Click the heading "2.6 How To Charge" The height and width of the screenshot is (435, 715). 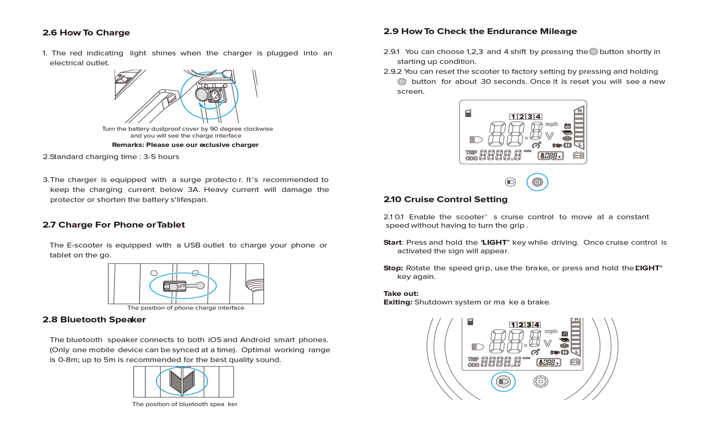click(x=86, y=32)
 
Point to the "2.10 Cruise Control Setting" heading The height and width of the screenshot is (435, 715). click(x=445, y=199)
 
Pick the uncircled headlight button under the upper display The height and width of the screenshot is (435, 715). click(x=510, y=182)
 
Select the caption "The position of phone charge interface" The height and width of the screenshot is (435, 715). click(x=186, y=308)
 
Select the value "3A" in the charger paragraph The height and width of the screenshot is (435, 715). click(x=193, y=190)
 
